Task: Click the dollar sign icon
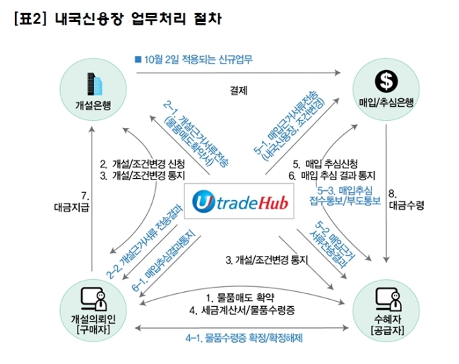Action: tap(386, 81)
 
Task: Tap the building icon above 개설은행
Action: tap(95, 84)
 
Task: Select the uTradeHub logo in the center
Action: tap(239, 201)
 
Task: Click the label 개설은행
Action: tap(93, 105)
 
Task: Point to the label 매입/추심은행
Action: tap(386, 102)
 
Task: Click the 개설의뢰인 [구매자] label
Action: tap(93, 324)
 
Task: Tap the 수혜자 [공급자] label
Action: tap(387, 324)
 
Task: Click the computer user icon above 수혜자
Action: tap(388, 299)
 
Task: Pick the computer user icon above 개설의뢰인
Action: tap(94, 299)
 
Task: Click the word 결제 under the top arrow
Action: tap(239, 90)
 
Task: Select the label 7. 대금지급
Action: tap(72, 201)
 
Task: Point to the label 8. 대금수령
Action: tap(406, 200)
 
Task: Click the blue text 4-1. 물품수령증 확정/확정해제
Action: tap(244, 338)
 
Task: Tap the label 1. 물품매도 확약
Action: tap(240, 298)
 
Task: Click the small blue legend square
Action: tap(138, 59)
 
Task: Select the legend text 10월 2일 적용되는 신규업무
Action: tap(198, 59)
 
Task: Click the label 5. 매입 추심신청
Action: tap(326, 164)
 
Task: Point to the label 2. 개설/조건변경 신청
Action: tap(142, 164)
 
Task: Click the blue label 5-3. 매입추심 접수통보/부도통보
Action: tap(345, 196)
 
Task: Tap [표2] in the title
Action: tap(30, 19)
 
